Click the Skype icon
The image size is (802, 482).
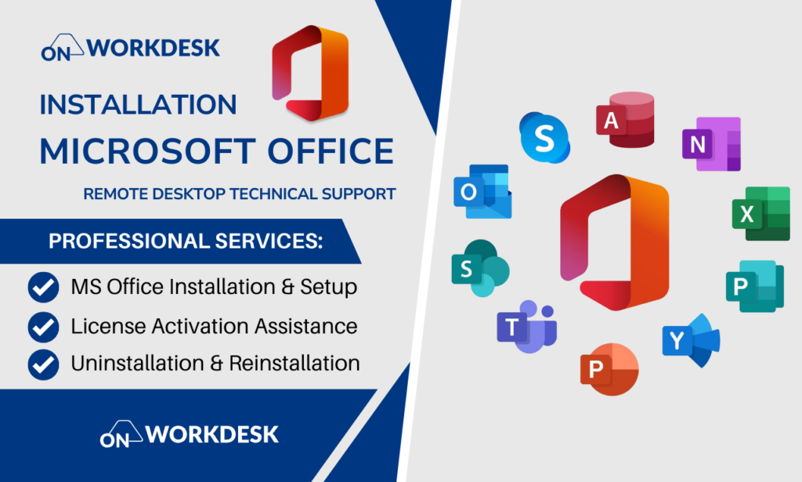pyautogui.click(x=544, y=138)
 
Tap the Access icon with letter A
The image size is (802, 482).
pyautogui.click(x=625, y=120)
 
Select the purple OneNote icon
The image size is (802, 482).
pyautogui.click(x=711, y=143)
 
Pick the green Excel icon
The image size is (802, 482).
pyautogui.click(x=761, y=213)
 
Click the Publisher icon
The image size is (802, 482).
pyautogui.click(x=755, y=286)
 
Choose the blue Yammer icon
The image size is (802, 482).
pyautogui.click(x=691, y=340)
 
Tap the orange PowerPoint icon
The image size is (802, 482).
pyautogui.click(x=609, y=369)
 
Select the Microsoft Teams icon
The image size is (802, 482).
pyautogui.click(x=527, y=327)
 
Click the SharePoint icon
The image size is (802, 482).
pyautogui.click(x=480, y=268)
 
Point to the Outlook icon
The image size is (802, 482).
pyautogui.click(x=482, y=191)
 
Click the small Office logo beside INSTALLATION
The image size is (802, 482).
pyautogui.click(x=310, y=73)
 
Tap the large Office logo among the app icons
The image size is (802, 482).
pyautogui.click(x=614, y=242)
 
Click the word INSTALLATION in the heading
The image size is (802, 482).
pyautogui.click(x=138, y=104)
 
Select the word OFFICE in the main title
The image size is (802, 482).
pyautogui.click(x=331, y=151)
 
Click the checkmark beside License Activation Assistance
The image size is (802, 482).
pyautogui.click(x=44, y=327)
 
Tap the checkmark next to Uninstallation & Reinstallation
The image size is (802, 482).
pyautogui.click(x=44, y=364)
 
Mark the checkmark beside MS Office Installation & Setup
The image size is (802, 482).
pyautogui.click(x=44, y=288)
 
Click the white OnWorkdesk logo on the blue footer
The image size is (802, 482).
pyautogui.click(x=190, y=434)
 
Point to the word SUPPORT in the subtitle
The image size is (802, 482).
pyautogui.click(x=359, y=194)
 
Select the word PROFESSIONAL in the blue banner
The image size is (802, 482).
pyautogui.click(x=129, y=241)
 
